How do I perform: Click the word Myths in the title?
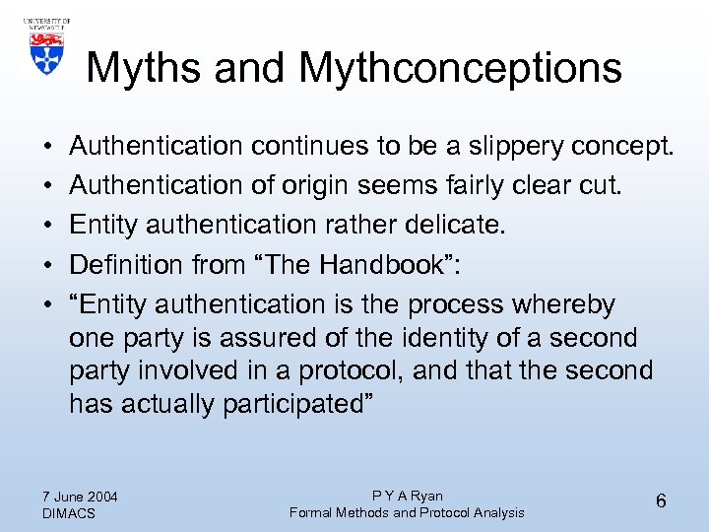click(x=141, y=69)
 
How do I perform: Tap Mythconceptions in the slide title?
click(x=460, y=69)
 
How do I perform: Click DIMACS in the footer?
click(x=70, y=513)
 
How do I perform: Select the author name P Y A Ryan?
click(x=407, y=496)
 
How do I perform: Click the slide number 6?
click(x=661, y=501)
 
